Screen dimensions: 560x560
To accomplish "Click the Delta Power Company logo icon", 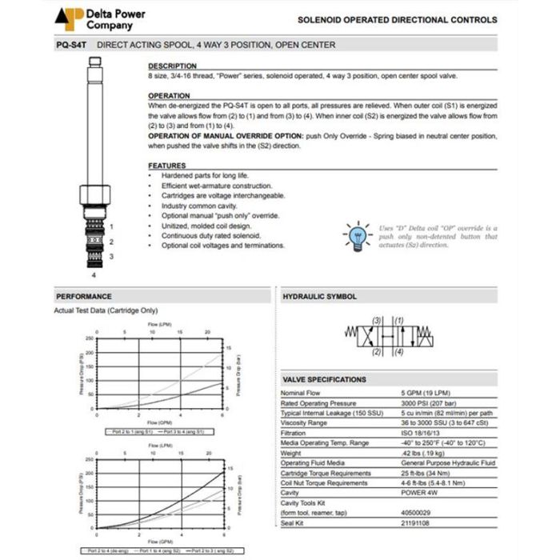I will coord(69,18).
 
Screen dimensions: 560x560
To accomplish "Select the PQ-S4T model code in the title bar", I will coord(70,45).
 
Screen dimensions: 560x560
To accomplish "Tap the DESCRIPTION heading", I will coord(172,66).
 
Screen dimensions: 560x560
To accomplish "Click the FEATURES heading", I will coord(166,166).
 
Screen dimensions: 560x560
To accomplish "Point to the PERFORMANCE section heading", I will coord(84,296).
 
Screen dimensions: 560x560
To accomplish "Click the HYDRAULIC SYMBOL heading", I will coord(319,296).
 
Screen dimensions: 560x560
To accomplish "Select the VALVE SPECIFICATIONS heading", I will coord(324,379).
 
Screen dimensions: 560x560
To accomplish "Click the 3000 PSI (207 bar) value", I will coord(429,403).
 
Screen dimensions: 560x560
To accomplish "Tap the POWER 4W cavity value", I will coord(420,493).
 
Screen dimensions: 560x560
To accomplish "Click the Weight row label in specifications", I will coord(291,453).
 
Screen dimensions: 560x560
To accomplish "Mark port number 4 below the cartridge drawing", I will coord(94,274).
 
